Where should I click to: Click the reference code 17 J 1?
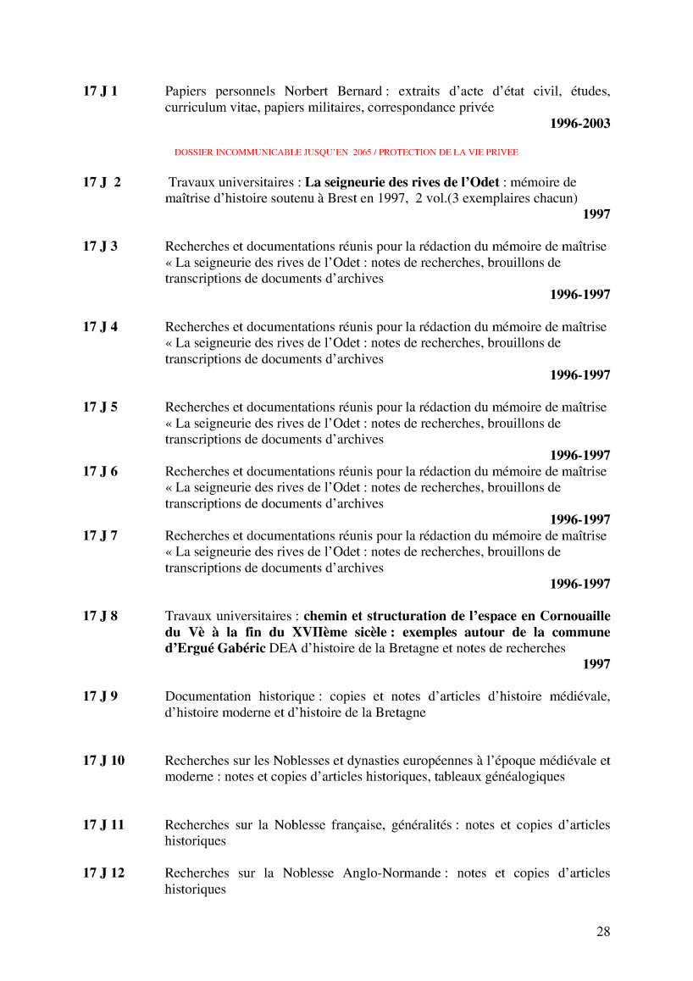(100, 91)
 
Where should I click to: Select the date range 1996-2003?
(579, 124)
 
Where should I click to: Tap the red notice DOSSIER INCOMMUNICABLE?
(346, 152)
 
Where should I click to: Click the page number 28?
(603, 932)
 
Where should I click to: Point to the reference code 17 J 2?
(102, 182)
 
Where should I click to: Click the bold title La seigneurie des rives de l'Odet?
(402, 182)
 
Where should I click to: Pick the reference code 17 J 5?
(100, 407)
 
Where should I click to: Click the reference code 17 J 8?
(100, 616)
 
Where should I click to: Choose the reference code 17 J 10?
(103, 760)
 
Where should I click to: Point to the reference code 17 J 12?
(103, 873)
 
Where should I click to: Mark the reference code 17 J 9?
(100, 696)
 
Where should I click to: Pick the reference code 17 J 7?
(100, 535)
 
